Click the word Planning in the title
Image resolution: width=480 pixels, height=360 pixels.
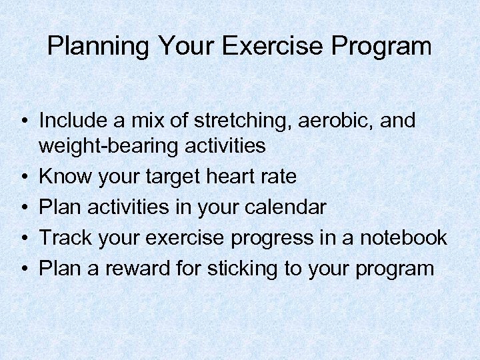coord(99,47)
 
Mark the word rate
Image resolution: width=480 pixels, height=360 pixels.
coord(278,176)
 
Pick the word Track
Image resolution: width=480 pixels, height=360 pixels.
coord(65,237)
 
